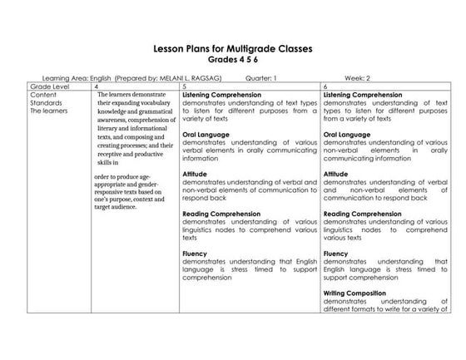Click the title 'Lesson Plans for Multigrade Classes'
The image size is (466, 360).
click(x=232, y=49)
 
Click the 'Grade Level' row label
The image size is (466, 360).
click(x=49, y=86)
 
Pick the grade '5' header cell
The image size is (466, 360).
click(x=184, y=86)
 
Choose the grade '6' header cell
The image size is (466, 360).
click(x=325, y=86)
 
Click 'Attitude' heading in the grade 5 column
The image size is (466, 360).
click(x=196, y=174)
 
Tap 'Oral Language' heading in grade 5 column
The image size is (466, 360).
click(x=206, y=133)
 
